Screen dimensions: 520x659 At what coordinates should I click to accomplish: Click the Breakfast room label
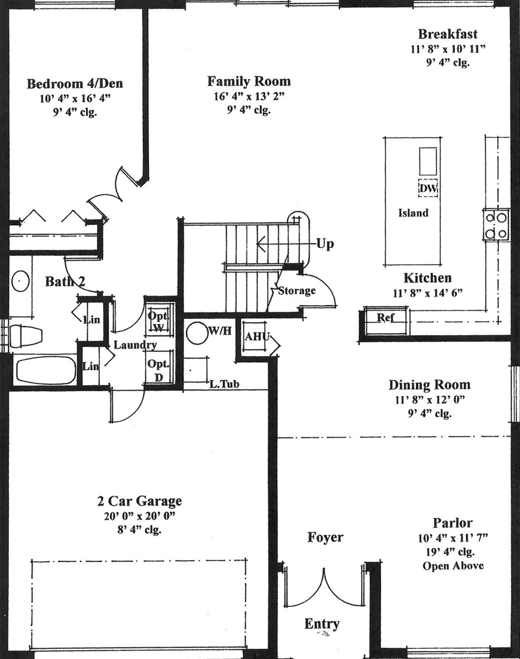[448, 34]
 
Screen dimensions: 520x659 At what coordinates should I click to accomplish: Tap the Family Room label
[249, 82]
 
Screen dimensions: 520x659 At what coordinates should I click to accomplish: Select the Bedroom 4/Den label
[75, 84]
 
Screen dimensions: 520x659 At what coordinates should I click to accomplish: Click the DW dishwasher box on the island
[428, 188]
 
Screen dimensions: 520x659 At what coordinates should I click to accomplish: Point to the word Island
[413, 213]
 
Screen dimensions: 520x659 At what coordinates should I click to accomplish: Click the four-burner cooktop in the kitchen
[496, 225]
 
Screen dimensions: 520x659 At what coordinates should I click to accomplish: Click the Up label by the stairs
[325, 244]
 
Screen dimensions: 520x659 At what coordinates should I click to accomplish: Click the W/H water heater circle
[197, 333]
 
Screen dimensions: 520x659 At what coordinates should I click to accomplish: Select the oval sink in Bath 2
[20, 281]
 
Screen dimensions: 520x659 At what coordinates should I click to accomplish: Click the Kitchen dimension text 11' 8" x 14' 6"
[428, 293]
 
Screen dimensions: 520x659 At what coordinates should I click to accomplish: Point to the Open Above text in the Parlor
[453, 565]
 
